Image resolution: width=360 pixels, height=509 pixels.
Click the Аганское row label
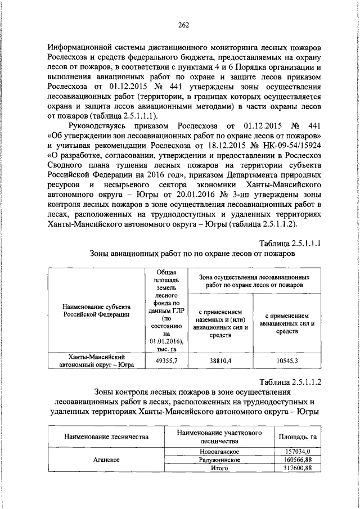point(105,460)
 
